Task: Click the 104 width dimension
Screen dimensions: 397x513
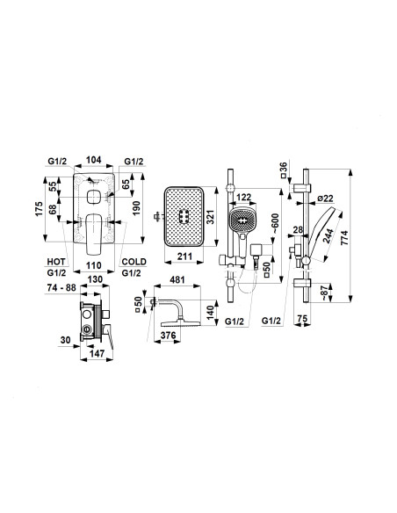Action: click(x=93, y=160)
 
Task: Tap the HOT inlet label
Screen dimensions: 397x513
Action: click(x=56, y=262)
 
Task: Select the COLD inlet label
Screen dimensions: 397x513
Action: click(x=134, y=262)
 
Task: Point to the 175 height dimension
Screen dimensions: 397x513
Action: click(x=39, y=209)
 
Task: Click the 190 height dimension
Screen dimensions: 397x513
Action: click(x=136, y=208)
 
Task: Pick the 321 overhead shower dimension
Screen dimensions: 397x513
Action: click(x=210, y=217)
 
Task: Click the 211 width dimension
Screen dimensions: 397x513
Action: click(x=184, y=256)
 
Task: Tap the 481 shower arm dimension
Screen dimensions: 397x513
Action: click(x=177, y=280)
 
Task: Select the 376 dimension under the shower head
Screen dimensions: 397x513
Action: click(x=169, y=336)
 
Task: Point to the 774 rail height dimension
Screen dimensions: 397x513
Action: click(x=344, y=238)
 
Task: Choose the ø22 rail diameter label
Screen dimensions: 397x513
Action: click(x=325, y=199)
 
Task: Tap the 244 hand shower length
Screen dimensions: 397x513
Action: click(x=328, y=236)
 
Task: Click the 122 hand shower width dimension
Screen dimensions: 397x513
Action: click(x=243, y=198)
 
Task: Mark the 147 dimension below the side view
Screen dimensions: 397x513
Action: click(x=97, y=354)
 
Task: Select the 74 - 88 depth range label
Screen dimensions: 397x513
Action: click(x=61, y=287)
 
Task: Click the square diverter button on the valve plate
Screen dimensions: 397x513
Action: click(x=93, y=198)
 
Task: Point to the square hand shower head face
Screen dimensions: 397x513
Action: click(x=242, y=220)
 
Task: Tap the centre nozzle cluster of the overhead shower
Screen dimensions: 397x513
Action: click(x=184, y=217)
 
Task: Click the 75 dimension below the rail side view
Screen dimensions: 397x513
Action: click(x=303, y=319)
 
